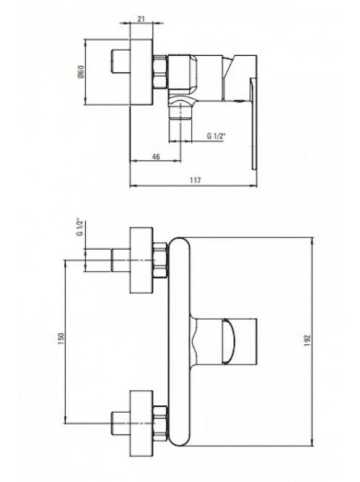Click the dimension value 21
click(141, 19)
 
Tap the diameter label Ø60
click(81, 72)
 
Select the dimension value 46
click(156, 157)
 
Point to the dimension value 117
click(195, 180)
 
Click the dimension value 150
click(62, 338)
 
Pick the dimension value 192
click(308, 340)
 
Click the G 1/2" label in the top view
click(216, 136)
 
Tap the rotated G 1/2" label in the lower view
click(81, 227)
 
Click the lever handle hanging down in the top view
click(254, 123)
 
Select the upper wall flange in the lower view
click(141, 260)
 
